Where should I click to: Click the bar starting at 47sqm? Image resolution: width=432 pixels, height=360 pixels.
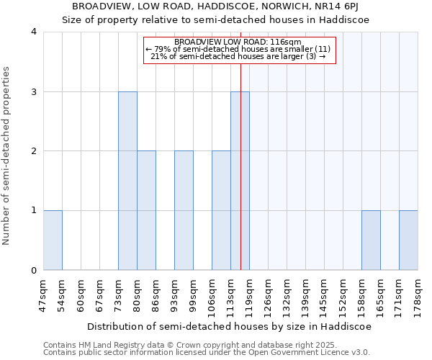point(53,240)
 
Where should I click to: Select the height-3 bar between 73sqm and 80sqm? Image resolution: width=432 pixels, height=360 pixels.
point(127,181)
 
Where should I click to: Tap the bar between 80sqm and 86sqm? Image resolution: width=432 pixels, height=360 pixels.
point(146,210)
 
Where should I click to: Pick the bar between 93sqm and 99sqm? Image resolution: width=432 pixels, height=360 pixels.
point(184,210)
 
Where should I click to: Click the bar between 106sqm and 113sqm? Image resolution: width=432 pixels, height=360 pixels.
point(221,210)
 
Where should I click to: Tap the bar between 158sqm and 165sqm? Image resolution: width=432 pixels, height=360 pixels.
point(371,240)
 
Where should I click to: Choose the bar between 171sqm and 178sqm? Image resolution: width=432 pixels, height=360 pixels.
point(408,240)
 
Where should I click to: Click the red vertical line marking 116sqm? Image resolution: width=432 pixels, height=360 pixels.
point(240,144)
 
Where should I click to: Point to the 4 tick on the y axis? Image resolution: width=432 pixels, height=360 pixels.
point(34,32)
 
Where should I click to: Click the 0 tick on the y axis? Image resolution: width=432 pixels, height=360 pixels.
point(34,271)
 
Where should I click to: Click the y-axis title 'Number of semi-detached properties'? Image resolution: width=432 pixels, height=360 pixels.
point(7,156)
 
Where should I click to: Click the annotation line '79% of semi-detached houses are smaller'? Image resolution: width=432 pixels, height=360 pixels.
point(239,49)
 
